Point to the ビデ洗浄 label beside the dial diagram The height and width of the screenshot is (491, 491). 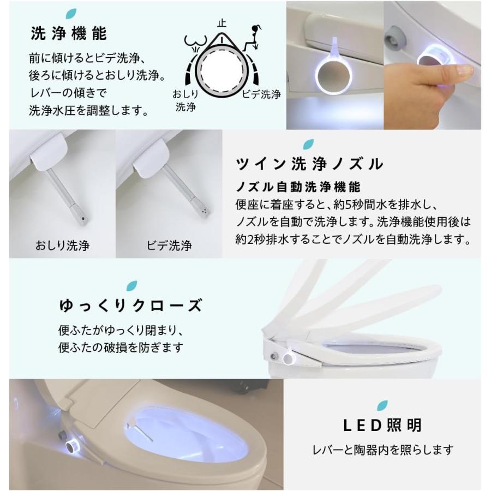(261, 94)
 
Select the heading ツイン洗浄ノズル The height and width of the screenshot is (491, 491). (310, 163)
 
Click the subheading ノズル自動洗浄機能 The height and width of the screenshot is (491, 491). (298, 187)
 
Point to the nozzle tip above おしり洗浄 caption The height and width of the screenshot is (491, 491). (83, 217)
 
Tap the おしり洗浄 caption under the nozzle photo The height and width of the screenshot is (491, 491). (62, 245)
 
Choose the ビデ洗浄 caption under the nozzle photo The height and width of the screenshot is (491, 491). (169, 245)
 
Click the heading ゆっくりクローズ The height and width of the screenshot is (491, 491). (130, 306)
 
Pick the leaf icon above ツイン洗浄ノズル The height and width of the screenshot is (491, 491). (308, 144)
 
